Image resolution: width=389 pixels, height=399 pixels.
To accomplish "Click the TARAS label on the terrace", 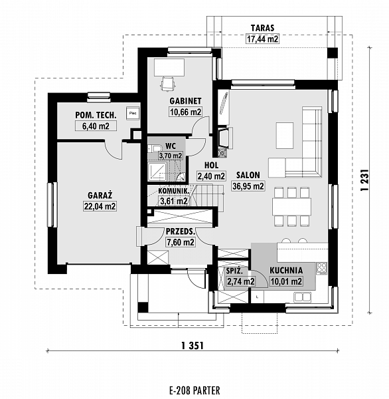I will tap(263, 29).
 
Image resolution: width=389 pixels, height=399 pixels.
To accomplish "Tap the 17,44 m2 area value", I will tap(263, 40).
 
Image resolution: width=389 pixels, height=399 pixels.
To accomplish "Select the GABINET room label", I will tap(186, 100).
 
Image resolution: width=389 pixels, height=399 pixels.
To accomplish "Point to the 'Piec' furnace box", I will tap(133, 112).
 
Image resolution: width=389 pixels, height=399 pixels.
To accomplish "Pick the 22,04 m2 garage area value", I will tap(100, 207).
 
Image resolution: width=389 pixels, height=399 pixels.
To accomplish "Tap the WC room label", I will tap(171, 145).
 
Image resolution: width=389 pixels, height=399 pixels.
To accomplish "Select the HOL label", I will tap(212, 165).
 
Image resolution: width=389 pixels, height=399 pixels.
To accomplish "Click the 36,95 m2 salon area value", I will tap(248, 186).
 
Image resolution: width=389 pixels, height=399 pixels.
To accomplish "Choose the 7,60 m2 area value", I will tap(180, 243).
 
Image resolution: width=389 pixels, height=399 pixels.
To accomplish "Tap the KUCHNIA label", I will tap(286, 271).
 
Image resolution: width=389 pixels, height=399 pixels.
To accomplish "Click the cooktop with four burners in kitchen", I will tap(323, 269).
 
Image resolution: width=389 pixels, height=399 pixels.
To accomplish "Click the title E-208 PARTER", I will tap(194, 390).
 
